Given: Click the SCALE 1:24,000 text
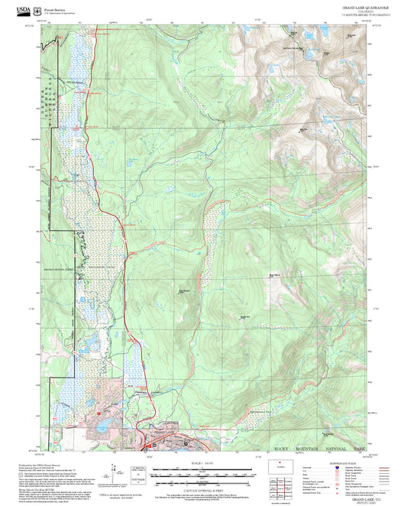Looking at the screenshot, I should (203, 463).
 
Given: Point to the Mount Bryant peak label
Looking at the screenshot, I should (183, 290).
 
